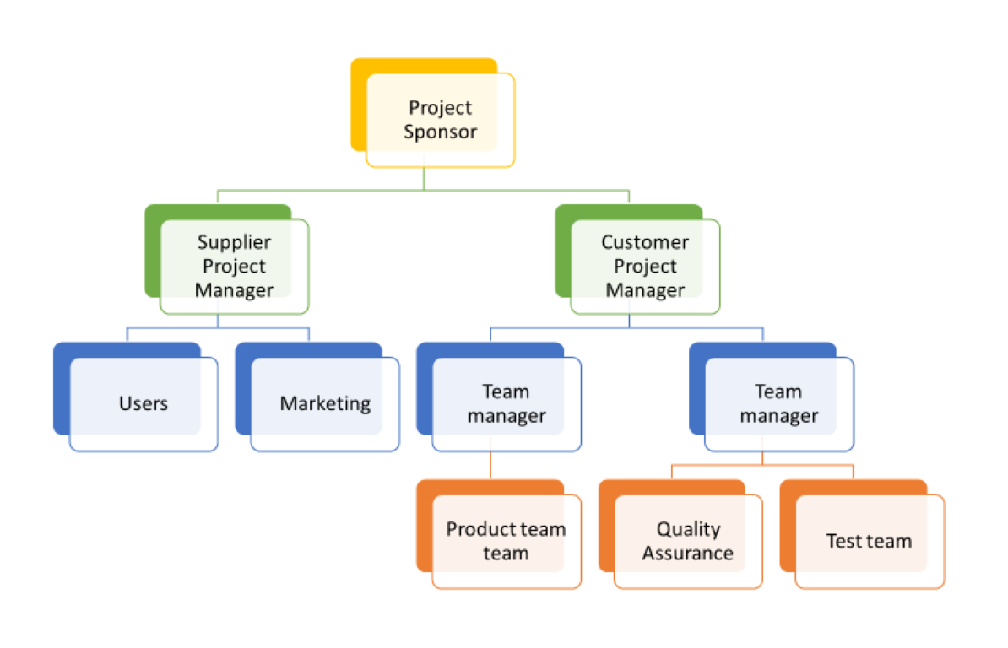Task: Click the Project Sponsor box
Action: point(439,120)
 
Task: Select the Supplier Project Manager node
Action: point(234,266)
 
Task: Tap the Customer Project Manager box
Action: point(645,266)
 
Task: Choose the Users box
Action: point(143,403)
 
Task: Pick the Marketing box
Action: point(325,403)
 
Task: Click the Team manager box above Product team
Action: point(507,403)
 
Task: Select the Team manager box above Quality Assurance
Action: point(778,403)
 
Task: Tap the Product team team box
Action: point(506,541)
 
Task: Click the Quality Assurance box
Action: point(688,541)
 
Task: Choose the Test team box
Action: point(869,541)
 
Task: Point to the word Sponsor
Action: point(440,132)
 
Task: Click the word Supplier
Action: point(234,242)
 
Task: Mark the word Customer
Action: point(645,242)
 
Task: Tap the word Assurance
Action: point(688,553)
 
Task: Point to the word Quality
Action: point(688,529)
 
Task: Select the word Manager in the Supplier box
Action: point(234,290)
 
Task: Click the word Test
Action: point(842,541)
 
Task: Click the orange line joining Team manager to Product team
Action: point(490,465)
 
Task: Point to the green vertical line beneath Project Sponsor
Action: point(424,179)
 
